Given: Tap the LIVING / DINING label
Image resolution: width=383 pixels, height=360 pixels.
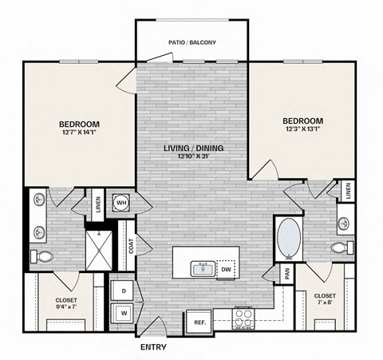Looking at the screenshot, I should (x=193, y=148).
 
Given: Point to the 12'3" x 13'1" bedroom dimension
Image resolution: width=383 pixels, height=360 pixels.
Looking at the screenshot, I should (x=302, y=131).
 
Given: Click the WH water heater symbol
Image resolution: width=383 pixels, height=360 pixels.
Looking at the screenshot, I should (x=122, y=202).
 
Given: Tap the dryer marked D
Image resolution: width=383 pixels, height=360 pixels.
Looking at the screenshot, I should (x=124, y=291).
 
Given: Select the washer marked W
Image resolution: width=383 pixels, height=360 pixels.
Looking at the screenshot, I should (x=124, y=313).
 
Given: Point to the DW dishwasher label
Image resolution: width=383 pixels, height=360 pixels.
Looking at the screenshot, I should (x=226, y=270).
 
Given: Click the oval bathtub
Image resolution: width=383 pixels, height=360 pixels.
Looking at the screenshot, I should (x=289, y=237).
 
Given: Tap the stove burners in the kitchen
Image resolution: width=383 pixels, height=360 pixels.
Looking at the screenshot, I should (x=244, y=319).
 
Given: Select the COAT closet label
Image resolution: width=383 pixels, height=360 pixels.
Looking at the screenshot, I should (x=130, y=247).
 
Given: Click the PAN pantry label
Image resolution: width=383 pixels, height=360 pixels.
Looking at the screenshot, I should (x=286, y=275).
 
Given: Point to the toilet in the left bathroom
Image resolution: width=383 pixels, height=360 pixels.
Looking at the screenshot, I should (x=44, y=256).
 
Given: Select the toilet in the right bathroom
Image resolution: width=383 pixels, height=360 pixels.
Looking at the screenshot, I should (x=341, y=247).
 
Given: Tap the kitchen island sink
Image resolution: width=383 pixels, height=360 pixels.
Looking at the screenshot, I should (x=203, y=268).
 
